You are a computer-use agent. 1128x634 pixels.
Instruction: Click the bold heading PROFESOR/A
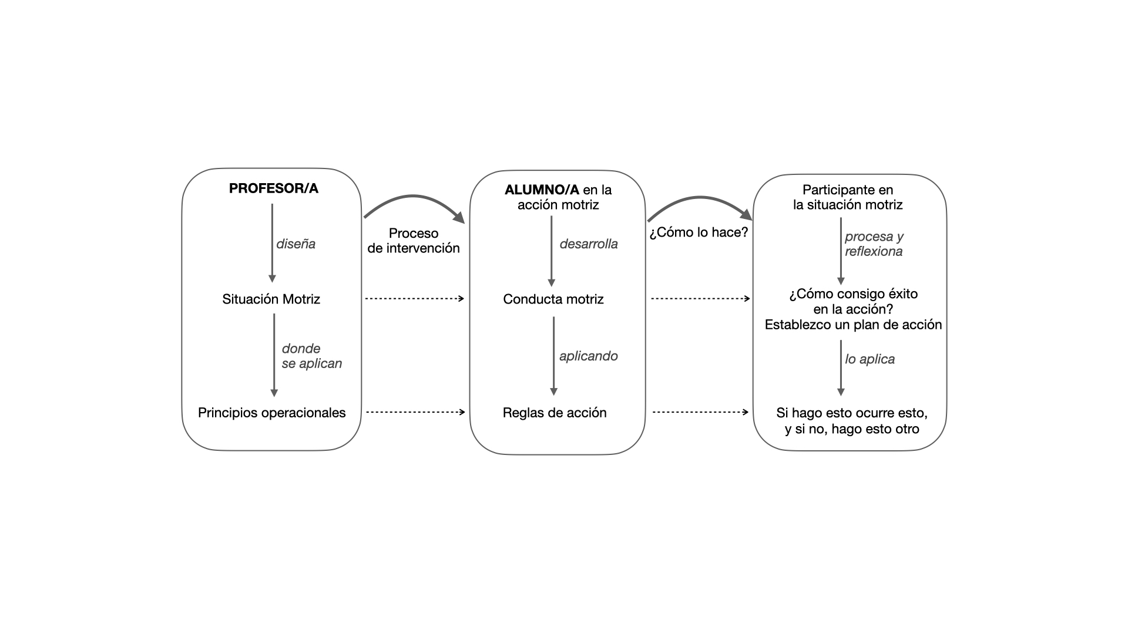(273, 188)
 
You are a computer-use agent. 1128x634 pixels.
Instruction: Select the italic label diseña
(296, 244)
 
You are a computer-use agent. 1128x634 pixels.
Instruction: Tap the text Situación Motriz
(271, 299)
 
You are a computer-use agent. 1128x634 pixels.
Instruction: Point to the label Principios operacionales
(271, 413)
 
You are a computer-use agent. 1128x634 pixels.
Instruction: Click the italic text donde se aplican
(311, 356)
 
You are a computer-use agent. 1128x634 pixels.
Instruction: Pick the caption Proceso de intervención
(414, 241)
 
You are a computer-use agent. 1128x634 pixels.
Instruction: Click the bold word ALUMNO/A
(542, 190)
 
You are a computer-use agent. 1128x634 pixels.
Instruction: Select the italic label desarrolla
(589, 244)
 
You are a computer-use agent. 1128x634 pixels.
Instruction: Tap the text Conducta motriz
(553, 299)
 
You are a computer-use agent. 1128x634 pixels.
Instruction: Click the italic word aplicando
(589, 356)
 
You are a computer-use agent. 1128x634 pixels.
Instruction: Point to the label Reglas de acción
(555, 413)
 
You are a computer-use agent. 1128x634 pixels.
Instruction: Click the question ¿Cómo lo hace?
(699, 232)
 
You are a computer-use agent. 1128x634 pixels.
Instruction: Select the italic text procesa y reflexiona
(874, 244)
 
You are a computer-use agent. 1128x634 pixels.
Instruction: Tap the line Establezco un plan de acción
(853, 325)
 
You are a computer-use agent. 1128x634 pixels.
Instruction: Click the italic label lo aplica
(869, 359)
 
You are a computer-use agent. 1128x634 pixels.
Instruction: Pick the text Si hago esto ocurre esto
(852, 413)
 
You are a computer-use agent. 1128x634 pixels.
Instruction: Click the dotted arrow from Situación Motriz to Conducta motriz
(415, 299)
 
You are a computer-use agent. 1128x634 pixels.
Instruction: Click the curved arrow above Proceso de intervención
(414, 196)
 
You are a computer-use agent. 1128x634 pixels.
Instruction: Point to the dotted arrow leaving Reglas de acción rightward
(700, 412)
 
